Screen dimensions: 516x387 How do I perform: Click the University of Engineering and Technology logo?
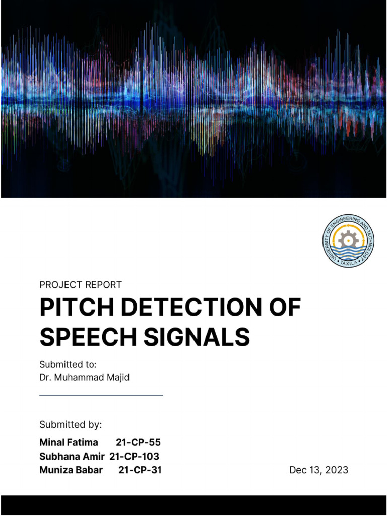pos(348,240)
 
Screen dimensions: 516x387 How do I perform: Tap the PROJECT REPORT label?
pos(81,285)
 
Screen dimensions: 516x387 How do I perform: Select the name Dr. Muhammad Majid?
pos(84,377)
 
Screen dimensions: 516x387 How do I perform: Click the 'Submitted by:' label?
pos(71,424)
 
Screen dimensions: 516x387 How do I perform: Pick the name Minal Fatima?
pos(69,443)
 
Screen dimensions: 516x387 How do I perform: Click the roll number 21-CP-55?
pos(138,443)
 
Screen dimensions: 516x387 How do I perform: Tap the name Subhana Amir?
pos(72,457)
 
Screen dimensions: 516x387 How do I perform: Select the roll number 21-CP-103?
pos(134,457)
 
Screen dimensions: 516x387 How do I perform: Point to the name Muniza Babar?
pos(71,470)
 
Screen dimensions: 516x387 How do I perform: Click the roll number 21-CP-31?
pos(140,470)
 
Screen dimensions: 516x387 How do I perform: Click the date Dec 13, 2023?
pos(318,470)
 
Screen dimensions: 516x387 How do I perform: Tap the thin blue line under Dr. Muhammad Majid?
pos(101,396)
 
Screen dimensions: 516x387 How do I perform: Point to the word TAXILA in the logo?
pos(348,263)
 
